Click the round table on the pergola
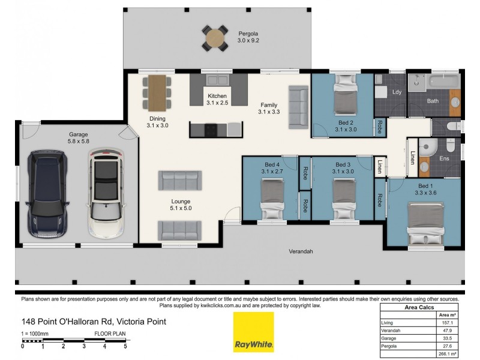click(215, 38)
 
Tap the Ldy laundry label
click(397, 92)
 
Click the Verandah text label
click(301, 251)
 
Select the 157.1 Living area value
click(446, 323)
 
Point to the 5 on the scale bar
click(125, 346)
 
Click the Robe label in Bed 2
click(379, 127)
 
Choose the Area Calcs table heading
click(420, 307)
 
